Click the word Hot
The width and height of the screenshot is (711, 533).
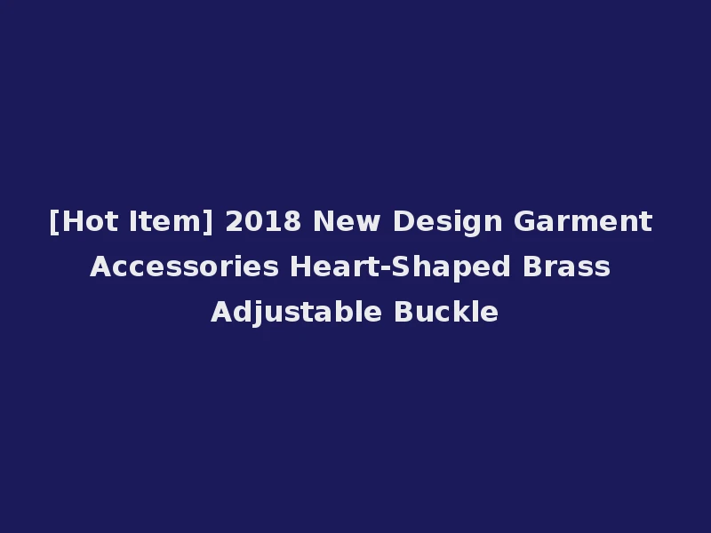point(85,221)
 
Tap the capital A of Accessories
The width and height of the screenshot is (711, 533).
point(100,266)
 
